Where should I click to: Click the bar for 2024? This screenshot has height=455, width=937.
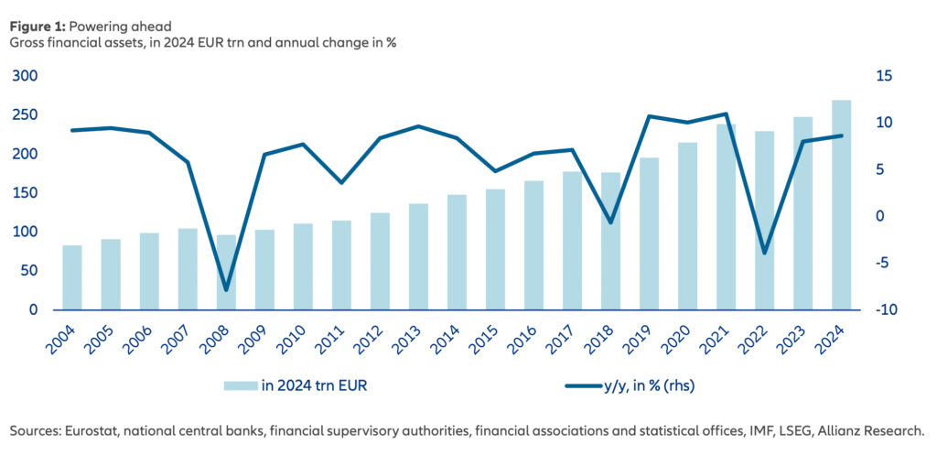842,205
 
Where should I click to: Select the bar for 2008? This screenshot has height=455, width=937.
226,272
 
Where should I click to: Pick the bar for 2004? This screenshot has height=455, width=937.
72,277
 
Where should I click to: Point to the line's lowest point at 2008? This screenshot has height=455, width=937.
226,290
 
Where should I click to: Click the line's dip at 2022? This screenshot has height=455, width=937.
765,253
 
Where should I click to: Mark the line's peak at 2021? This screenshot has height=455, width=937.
727,114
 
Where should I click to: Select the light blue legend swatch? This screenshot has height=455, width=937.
240,385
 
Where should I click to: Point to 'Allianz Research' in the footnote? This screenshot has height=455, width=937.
869,430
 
